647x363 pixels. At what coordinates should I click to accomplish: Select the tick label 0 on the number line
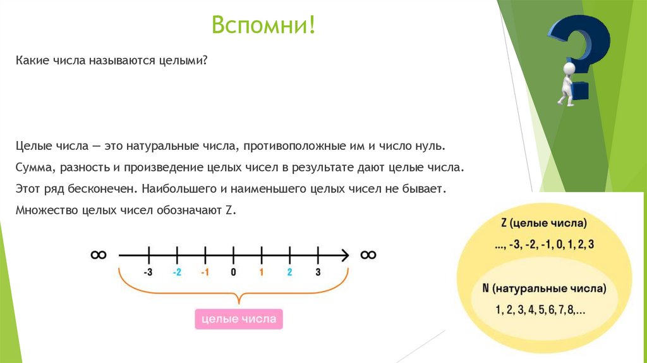pyautogui.click(x=233, y=273)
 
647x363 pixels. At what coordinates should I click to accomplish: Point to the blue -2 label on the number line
pyautogui.click(x=177, y=273)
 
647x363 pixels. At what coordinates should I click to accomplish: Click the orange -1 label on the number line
pyautogui.click(x=205, y=273)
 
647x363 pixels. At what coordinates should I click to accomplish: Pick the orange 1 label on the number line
pyautogui.click(x=261, y=273)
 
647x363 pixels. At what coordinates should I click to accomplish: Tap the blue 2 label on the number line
pyautogui.click(x=289, y=273)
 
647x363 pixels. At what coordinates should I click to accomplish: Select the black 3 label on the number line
pyautogui.click(x=318, y=273)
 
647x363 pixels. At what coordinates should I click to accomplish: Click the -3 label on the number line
pyautogui.click(x=148, y=273)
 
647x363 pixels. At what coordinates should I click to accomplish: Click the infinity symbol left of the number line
pyautogui.click(x=98, y=254)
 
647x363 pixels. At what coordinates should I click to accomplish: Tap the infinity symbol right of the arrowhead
pyautogui.click(x=368, y=254)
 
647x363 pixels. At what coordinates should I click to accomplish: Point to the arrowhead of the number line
pyautogui.click(x=345, y=255)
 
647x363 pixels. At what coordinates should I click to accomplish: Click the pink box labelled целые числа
pyautogui.click(x=238, y=319)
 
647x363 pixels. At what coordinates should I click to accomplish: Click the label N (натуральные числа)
pyautogui.click(x=544, y=288)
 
